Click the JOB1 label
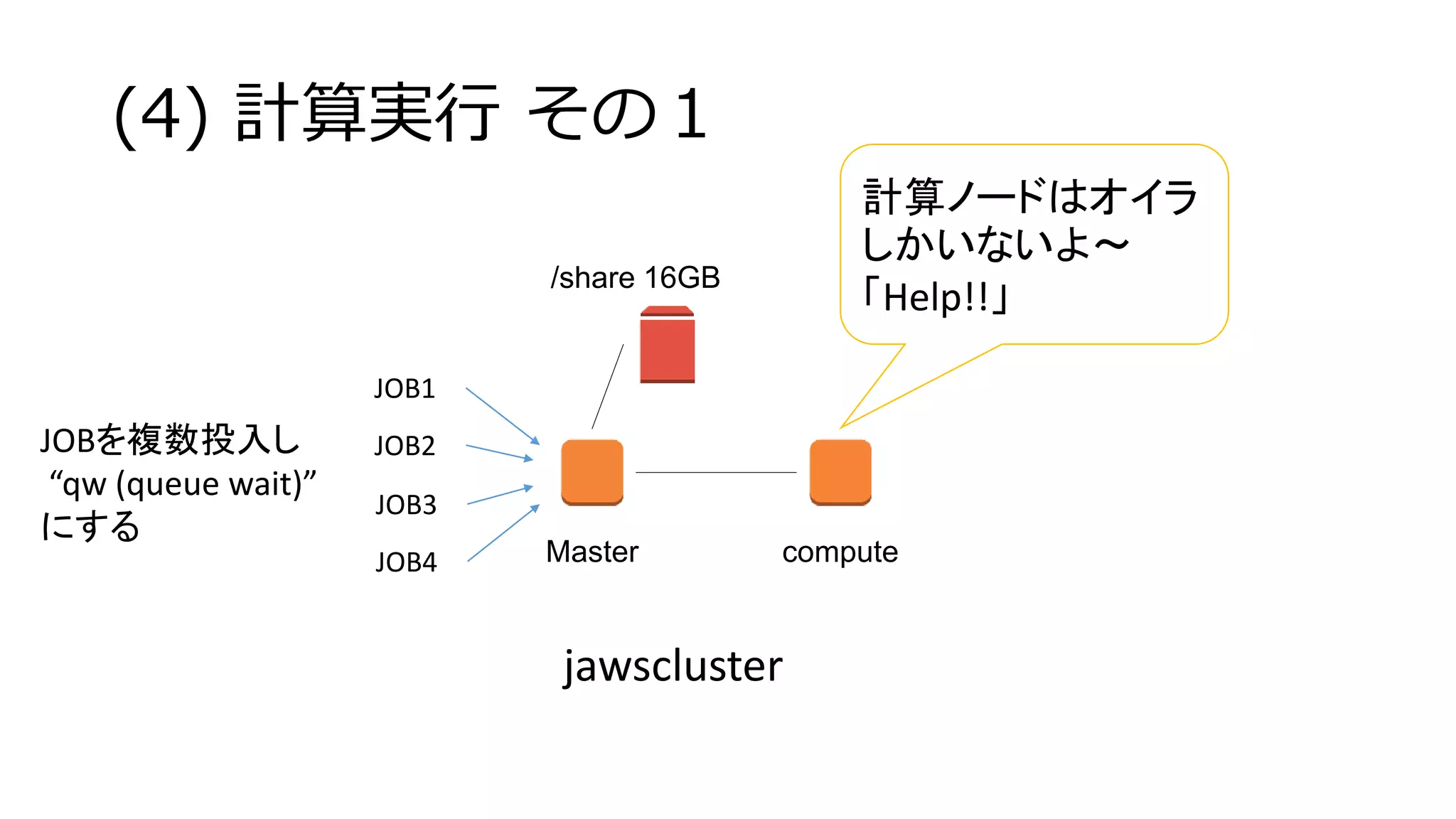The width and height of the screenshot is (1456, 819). coord(405,389)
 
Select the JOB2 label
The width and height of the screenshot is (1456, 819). coord(405,446)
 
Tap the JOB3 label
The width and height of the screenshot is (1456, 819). coord(405,505)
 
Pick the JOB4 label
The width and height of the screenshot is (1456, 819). coord(405,562)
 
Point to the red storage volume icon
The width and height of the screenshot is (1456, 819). coord(667,346)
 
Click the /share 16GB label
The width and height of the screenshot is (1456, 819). coord(635,278)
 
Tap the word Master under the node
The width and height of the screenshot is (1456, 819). coord(591,552)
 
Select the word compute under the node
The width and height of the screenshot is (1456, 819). coord(840,552)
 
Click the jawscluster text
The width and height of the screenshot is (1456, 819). coord(673,666)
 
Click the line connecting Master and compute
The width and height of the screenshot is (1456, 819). coord(715,472)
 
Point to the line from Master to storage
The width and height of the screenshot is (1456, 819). coord(608,386)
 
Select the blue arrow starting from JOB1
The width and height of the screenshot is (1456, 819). coord(502,416)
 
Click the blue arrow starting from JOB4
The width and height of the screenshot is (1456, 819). coord(503,534)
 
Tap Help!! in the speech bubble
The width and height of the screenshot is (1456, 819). coord(935,297)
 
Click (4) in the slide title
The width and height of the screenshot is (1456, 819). coord(161,114)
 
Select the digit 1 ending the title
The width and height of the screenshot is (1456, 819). coord(691,114)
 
